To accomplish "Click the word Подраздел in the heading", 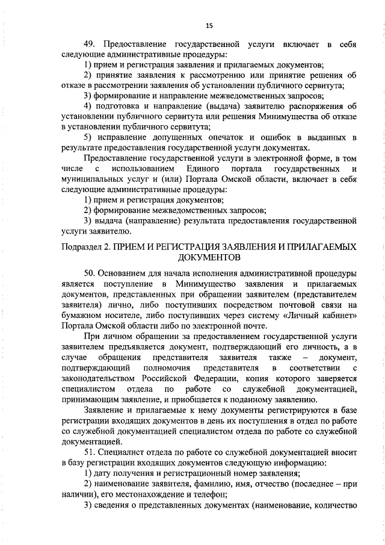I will point(83,247).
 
